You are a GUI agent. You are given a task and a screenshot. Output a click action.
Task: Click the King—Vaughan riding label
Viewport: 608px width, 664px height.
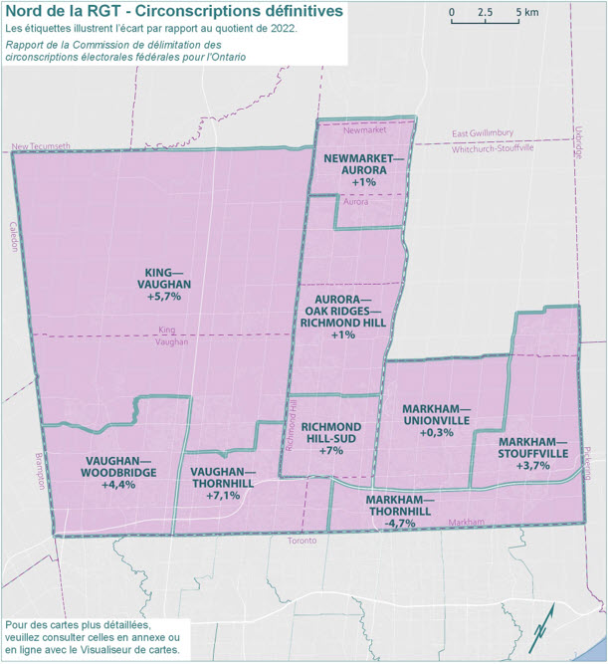pos(162,284)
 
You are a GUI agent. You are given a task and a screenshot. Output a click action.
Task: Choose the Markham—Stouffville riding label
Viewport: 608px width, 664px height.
pos(533,453)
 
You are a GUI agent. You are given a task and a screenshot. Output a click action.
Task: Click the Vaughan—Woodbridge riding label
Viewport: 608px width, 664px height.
pos(118,471)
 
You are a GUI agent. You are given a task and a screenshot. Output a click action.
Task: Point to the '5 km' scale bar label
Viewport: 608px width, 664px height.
pos(527,13)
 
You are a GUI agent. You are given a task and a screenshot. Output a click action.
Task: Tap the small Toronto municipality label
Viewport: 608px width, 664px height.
pos(302,541)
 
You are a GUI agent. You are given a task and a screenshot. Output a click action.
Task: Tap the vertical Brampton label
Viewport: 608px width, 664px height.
pos(41,469)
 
